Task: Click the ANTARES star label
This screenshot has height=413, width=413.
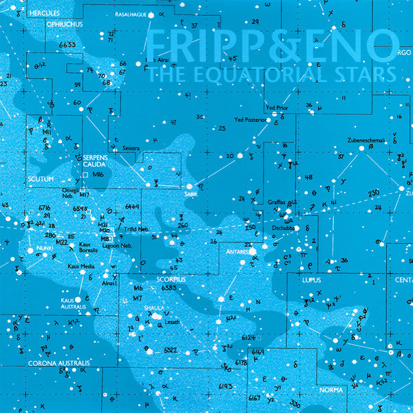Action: (x=237, y=253)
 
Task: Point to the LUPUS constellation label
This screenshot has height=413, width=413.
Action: (x=311, y=281)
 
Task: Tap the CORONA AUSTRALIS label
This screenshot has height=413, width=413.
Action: (x=59, y=363)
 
